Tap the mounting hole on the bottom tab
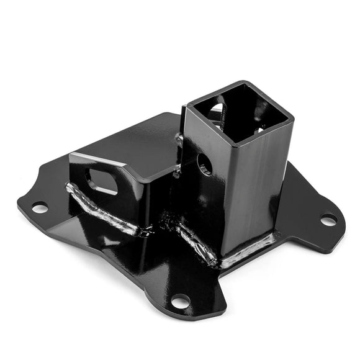[x=179, y=302]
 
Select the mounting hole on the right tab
[x=328, y=220]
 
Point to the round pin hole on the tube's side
[x=205, y=164]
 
